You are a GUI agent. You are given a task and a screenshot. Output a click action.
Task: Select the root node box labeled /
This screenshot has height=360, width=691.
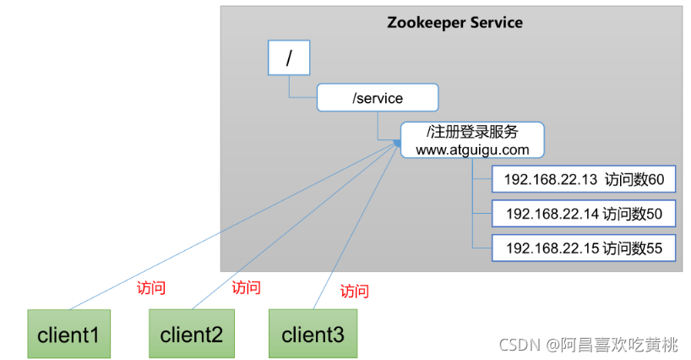click(x=289, y=58)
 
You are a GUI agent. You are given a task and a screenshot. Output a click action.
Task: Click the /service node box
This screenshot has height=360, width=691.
click(x=378, y=98)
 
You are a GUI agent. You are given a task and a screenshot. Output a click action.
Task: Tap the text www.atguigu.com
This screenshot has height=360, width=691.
click(x=472, y=150)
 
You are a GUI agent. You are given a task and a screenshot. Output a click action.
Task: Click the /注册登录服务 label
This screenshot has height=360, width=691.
click(x=472, y=133)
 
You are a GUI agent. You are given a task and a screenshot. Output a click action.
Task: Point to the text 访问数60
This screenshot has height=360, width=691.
click(x=634, y=179)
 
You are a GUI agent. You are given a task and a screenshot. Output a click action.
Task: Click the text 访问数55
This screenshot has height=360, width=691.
click(x=634, y=248)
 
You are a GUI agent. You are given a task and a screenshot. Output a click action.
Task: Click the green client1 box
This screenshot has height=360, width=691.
click(x=68, y=335)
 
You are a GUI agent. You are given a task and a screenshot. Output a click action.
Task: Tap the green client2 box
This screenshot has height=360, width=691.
click(x=191, y=335)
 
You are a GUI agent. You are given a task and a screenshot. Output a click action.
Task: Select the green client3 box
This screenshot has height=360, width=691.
click(x=313, y=335)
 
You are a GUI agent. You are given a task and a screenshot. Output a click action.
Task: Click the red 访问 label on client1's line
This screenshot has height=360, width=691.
click(x=150, y=287)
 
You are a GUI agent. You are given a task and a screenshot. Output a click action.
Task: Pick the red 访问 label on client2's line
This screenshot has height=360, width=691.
click(x=246, y=287)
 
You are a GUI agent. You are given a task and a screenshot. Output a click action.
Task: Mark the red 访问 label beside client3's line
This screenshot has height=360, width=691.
click(x=354, y=292)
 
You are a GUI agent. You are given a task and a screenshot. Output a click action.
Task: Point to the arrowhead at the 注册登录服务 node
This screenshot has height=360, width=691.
click(x=396, y=145)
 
